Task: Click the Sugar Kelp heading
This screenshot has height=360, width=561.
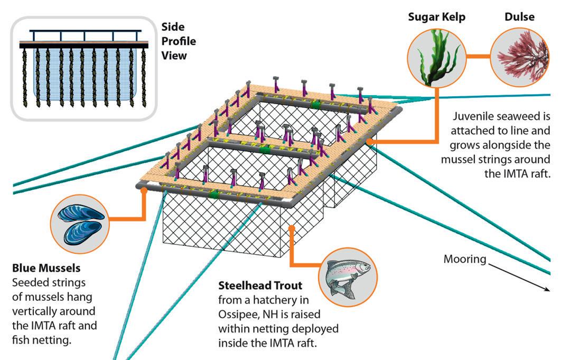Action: tap(436, 17)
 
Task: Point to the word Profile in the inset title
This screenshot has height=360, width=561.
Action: tap(178, 41)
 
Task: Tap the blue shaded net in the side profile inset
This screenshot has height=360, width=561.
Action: tap(85, 79)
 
